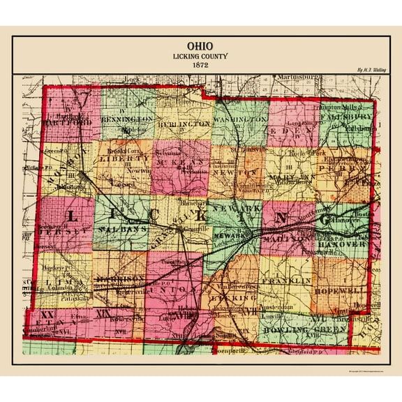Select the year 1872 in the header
point(200,64)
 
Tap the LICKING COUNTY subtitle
point(200,56)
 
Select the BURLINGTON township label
point(184,123)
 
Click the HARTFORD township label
point(68,123)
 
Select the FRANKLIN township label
point(287,280)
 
